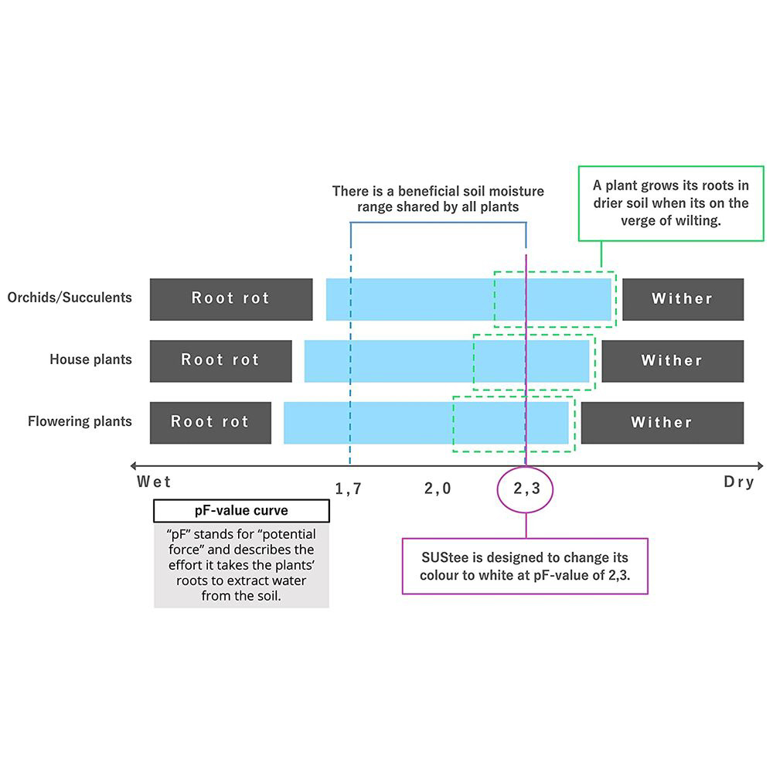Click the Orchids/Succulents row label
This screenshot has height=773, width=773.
coord(70,298)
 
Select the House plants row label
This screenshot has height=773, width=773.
coord(90,359)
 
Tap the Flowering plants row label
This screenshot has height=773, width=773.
coord(80,421)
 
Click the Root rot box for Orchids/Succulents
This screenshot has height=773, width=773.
coord(231,299)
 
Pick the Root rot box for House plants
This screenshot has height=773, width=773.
coord(221,361)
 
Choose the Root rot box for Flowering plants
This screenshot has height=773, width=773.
coord(210,423)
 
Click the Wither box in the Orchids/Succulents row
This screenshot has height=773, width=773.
coord(683,299)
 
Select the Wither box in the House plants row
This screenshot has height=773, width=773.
coord(673,361)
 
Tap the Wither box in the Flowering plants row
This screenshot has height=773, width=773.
coord(662,423)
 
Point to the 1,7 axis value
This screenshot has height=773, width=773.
coord(349,489)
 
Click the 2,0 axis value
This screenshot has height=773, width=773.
coord(438,488)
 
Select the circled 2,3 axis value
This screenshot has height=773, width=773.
coord(526,488)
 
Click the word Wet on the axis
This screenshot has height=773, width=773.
coord(154,482)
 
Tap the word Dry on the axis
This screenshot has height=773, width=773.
coord(738,482)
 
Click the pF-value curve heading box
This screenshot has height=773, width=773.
coord(241,511)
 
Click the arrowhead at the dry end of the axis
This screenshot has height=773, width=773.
coord(760,465)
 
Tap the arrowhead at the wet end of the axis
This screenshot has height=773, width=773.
coord(134,465)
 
